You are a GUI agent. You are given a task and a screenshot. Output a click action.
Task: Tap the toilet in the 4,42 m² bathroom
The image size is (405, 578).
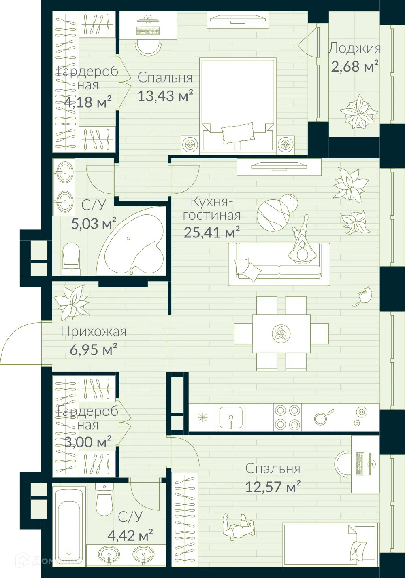tap(104, 500)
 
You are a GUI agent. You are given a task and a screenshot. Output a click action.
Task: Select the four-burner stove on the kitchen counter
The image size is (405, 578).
tap(287, 417)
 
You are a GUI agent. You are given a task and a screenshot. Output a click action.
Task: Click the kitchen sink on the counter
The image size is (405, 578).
tap(231, 417)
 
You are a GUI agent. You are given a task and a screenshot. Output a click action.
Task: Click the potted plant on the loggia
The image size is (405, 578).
tap(358, 111)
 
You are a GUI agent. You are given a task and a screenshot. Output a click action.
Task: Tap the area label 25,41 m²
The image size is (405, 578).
tap(211, 233)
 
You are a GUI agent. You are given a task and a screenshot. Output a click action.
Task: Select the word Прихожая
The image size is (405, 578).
tap(94, 332)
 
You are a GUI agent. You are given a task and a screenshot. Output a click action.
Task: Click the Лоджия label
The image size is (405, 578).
tap(354, 49)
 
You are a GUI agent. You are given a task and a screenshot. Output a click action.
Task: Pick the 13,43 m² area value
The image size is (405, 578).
tap(165, 96)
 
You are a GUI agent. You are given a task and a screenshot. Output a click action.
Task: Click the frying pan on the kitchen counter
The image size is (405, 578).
tap(323, 417)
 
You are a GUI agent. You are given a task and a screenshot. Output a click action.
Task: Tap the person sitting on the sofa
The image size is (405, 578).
tap(300, 243)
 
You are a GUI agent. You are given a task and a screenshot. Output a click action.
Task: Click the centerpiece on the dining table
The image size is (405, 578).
tap(281, 334)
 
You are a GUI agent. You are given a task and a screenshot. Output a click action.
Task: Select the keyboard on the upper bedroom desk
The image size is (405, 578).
tap(148, 30)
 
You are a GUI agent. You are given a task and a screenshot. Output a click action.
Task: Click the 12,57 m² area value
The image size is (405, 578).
tap(273, 487)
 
